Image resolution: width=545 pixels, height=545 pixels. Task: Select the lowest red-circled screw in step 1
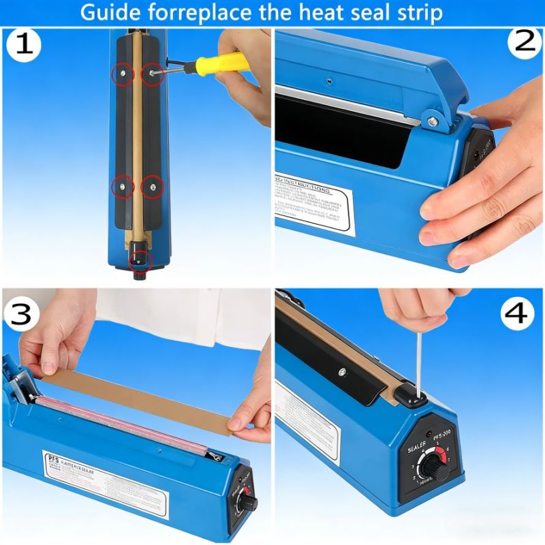140,259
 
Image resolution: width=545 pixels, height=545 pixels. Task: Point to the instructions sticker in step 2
315,204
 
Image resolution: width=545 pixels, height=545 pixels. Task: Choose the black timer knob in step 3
243,502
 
